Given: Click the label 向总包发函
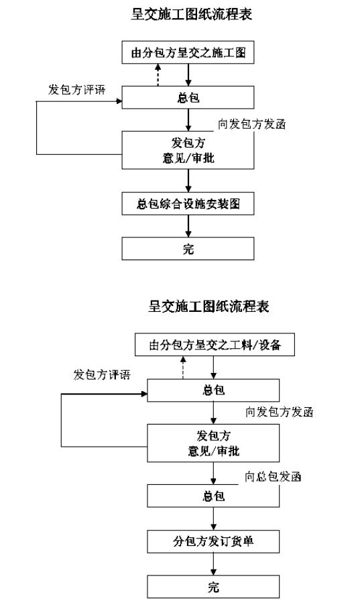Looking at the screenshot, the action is [273, 476].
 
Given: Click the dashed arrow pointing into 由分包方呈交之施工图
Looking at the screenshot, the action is [158, 74].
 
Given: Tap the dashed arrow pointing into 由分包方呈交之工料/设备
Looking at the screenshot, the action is [183, 368].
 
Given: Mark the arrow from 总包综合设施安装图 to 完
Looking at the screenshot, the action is [188, 226].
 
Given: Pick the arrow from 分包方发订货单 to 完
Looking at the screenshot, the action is [213, 564].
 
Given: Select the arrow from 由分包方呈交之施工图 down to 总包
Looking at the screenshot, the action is [188, 74].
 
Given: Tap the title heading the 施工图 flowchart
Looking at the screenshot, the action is [192, 14].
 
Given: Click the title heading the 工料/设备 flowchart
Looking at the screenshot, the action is [208, 307].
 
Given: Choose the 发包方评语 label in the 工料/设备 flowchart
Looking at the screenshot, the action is [102, 375].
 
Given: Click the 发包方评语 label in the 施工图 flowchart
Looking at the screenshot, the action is [76, 90].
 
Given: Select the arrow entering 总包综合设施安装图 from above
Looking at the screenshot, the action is [188, 180].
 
